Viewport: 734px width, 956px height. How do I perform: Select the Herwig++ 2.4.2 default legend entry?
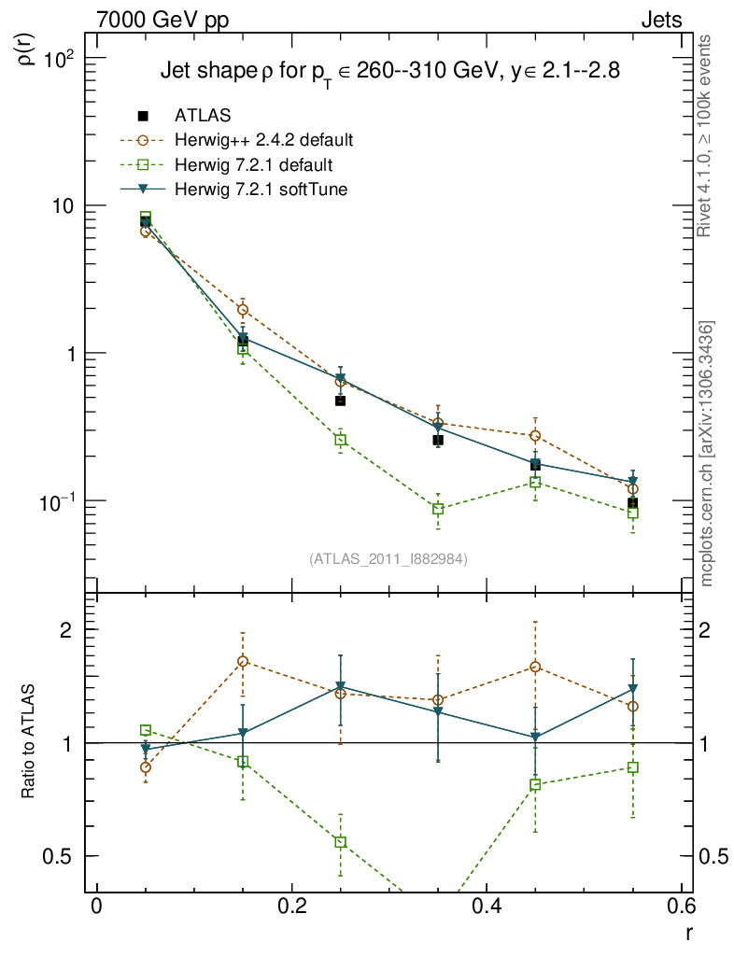point(263,141)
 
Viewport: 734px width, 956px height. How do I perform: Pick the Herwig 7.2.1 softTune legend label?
point(267,190)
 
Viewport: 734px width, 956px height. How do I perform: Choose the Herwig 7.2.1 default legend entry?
point(254,165)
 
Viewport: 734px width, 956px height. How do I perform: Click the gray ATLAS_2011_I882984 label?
point(388,558)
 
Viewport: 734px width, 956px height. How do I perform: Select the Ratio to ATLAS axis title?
point(28,741)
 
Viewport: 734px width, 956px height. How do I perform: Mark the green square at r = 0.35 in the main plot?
point(438,509)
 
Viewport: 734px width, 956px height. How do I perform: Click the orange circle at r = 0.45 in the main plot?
point(535,436)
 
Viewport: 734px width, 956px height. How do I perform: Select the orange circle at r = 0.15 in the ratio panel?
point(243,662)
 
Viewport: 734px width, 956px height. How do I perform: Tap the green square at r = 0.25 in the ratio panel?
point(340,842)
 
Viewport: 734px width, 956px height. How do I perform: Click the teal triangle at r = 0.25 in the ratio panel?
point(340,687)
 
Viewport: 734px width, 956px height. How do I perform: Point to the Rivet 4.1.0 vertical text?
point(707,136)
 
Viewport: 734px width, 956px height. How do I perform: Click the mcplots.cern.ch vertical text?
point(707,453)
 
